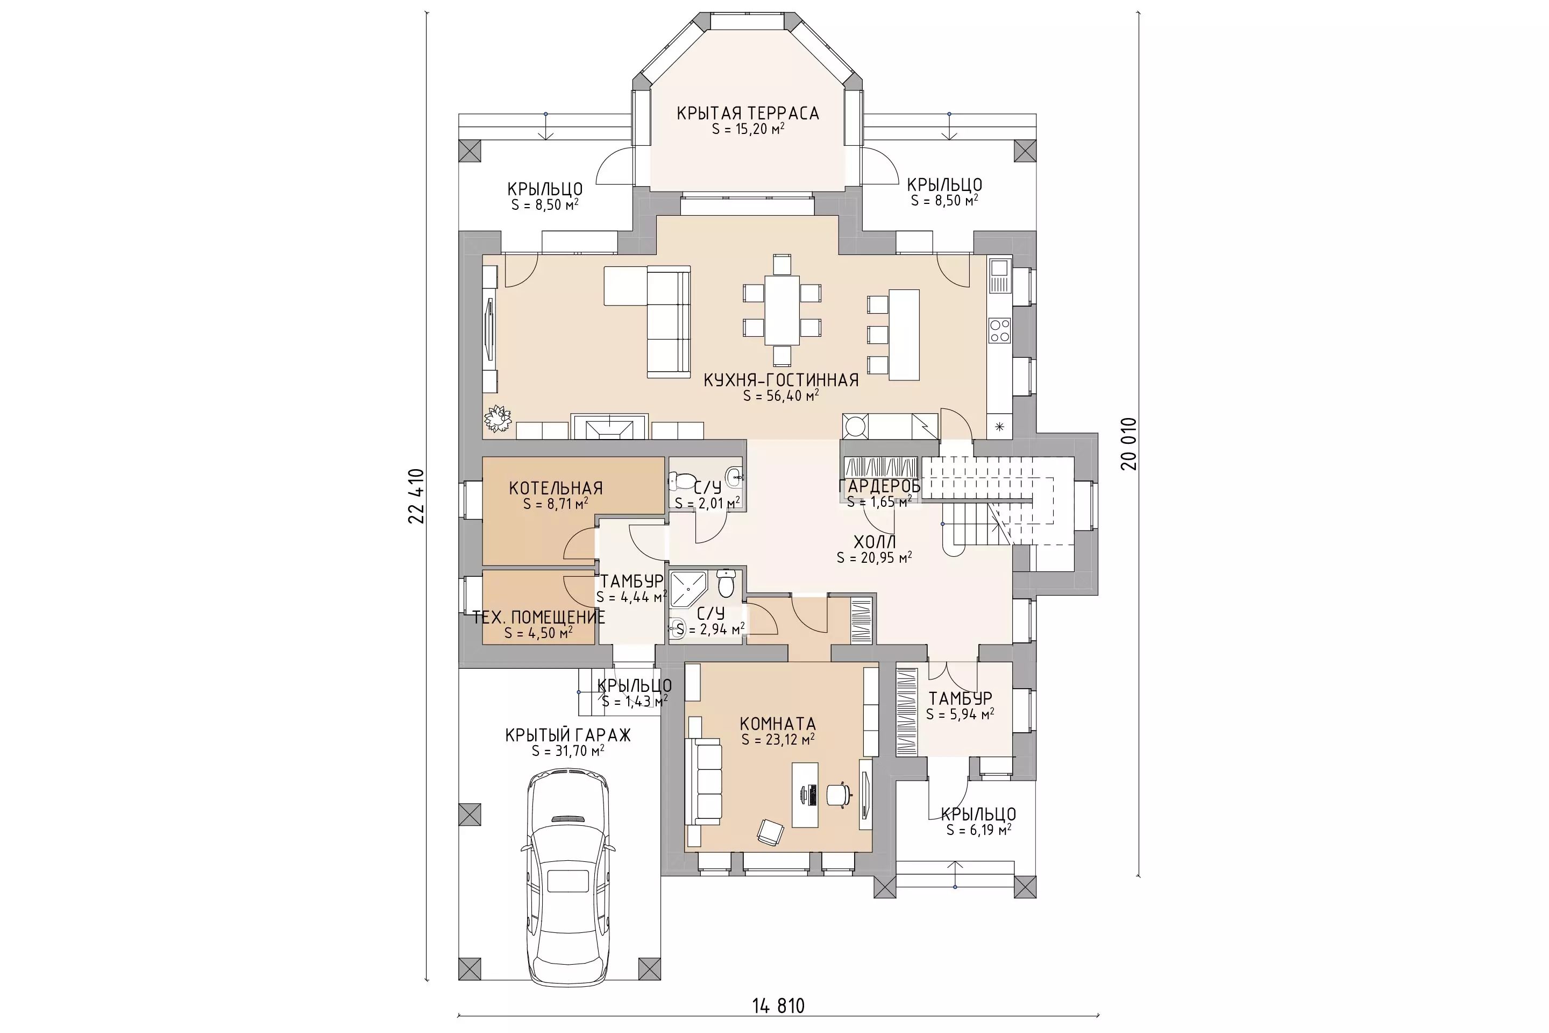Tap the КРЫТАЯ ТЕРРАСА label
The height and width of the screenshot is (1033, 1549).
pos(748,114)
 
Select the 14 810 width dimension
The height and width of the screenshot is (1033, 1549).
pos(778,1006)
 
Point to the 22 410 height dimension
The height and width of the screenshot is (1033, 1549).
pos(416,496)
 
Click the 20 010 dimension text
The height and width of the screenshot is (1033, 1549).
pos(1129,443)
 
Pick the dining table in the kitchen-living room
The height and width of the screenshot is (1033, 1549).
pos(781,310)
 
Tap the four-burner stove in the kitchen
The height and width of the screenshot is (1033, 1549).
pos(999,330)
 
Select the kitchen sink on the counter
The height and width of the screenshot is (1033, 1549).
pos(999,276)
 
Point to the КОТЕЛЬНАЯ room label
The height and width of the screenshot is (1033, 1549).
pos(556,488)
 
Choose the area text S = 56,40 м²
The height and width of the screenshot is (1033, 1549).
pos(781,396)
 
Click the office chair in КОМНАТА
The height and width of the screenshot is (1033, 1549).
pos(839,795)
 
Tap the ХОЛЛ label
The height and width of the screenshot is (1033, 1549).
pos(875,542)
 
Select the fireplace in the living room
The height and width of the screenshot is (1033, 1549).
pos(610,426)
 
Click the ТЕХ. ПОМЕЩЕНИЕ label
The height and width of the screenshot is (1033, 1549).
pos(539,617)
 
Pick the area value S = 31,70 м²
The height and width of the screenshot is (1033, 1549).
pos(568,751)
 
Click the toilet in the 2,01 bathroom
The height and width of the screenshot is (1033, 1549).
pos(683,480)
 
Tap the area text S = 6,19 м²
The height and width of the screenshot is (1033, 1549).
pos(979,830)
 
